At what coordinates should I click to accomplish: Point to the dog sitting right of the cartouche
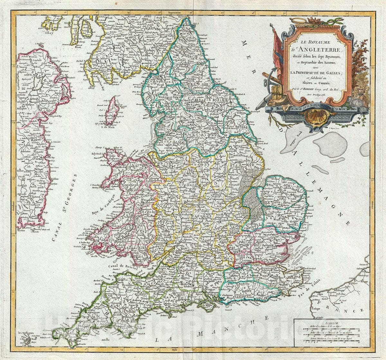click(x=362, y=93)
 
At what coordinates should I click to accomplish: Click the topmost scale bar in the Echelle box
click(x=332, y=329)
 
